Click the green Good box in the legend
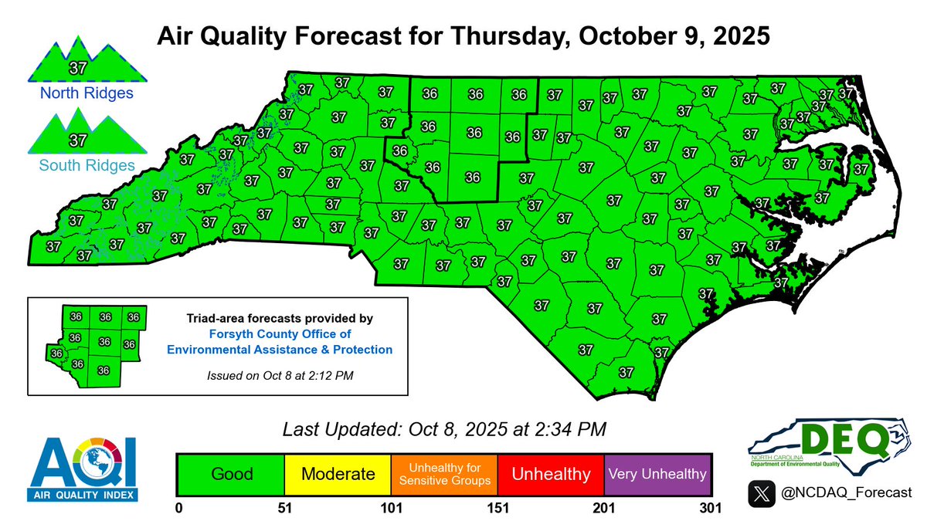click(231, 473)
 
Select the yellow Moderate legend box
click(338, 473)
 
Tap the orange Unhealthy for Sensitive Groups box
click(444, 473)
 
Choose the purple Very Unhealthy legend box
click(657, 473)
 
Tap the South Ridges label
click(76, 164)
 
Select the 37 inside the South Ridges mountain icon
click(76, 140)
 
